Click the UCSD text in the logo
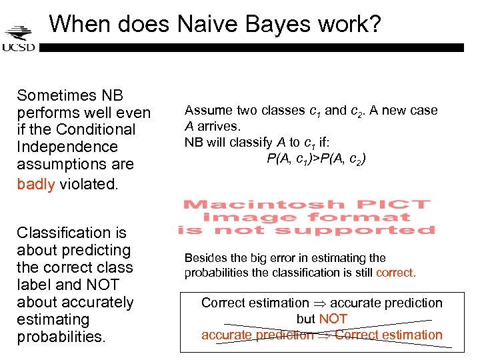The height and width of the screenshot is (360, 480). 18,47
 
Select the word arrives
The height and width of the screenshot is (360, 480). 217,125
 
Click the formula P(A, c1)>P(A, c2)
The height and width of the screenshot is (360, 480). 316,158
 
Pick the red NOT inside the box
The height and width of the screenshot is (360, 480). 332,319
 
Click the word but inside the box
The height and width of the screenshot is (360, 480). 305,319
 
